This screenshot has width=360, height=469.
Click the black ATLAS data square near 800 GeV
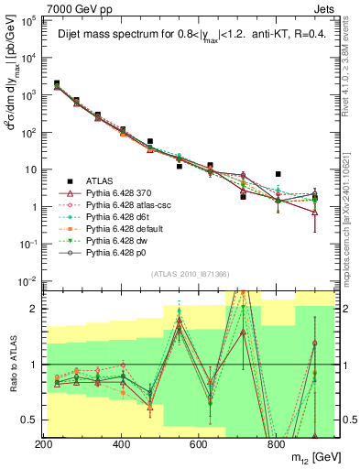click(278, 174)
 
